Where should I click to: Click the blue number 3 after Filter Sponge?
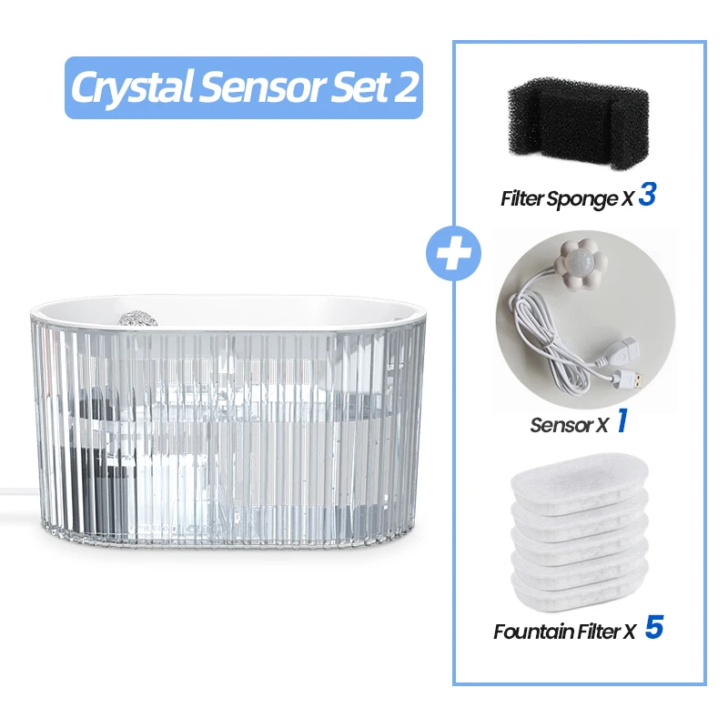coord(647,196)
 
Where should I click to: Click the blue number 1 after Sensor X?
coord(622,422)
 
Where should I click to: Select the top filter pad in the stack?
coord(581,483)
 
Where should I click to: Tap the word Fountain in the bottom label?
coord(534,631)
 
